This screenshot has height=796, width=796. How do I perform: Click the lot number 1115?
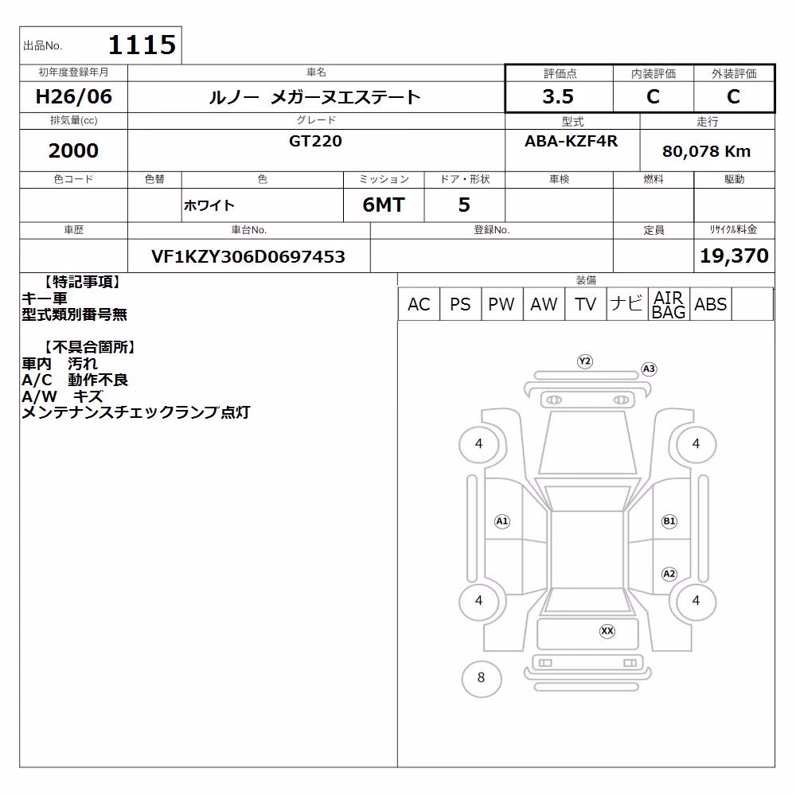point(142,45)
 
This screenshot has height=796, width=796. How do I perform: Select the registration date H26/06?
point(73,96)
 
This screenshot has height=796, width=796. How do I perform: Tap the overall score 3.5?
point(558,96)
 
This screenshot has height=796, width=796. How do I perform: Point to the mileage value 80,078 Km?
point(706,151)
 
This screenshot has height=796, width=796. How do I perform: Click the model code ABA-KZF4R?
point(571,141)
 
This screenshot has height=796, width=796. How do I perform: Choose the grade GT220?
point(315,141)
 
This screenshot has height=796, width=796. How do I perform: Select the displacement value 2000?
point(73,150)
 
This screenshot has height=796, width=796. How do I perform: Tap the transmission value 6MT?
point(384,205)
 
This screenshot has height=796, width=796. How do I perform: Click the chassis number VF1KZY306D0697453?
point(248,257)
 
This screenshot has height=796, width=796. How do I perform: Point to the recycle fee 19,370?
point(734,256)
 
